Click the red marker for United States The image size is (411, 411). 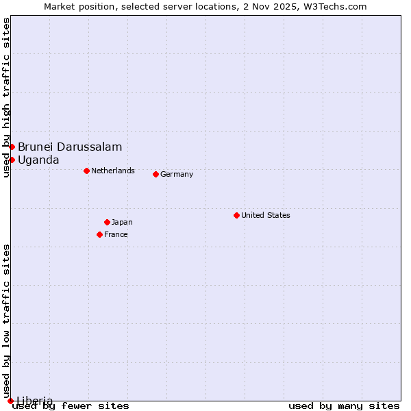click(x=236, y=215)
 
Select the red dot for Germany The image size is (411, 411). click(x=155, y=174)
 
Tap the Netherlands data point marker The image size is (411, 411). click(x=86, y=171)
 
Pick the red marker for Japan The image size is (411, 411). click(x=107, y=222)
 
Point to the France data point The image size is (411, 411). click(x=99, y=234)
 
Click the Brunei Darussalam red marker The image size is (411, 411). click(x=12, y=147)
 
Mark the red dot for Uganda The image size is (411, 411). click(x=12, y=160)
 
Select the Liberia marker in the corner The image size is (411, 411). click(x=10, y=401)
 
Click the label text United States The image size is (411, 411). click(x=266, y=215)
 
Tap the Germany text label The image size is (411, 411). click(x=177, y=174)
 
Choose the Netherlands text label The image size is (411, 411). click(x=113, y=171)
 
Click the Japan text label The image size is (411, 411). click(x=122, y=222)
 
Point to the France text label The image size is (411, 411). click(x=116, y=234)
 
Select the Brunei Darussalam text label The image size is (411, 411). click(x=70, y=147)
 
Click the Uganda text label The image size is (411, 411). click(x=38, y=160)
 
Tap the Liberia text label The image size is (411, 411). click(x=35, y=401)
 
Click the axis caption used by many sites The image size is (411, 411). click(x=344, y=406)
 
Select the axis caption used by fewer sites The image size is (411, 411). click(x=71, y=406)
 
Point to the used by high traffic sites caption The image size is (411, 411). click(x=6, y=97)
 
